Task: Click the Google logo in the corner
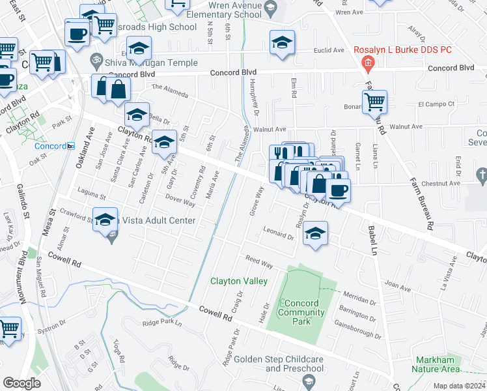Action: (x=21, y=383)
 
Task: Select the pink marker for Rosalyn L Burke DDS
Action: (x=368, y=63)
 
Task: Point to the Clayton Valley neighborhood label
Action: (x=238, y=281)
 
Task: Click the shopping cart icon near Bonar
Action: (x=374, y=102)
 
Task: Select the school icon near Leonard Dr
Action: (x=315, y=233)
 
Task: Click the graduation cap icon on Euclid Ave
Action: (x=282, y=42)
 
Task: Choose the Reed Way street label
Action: (x=259, y=261)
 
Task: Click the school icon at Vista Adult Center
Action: (x=104, y=219)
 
